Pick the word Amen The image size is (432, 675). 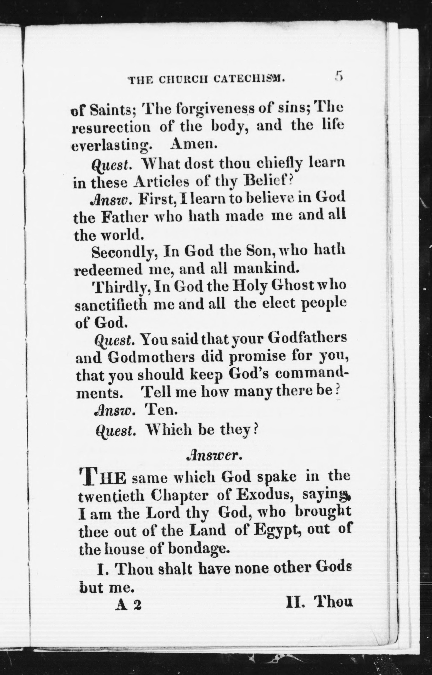point(194,145)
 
